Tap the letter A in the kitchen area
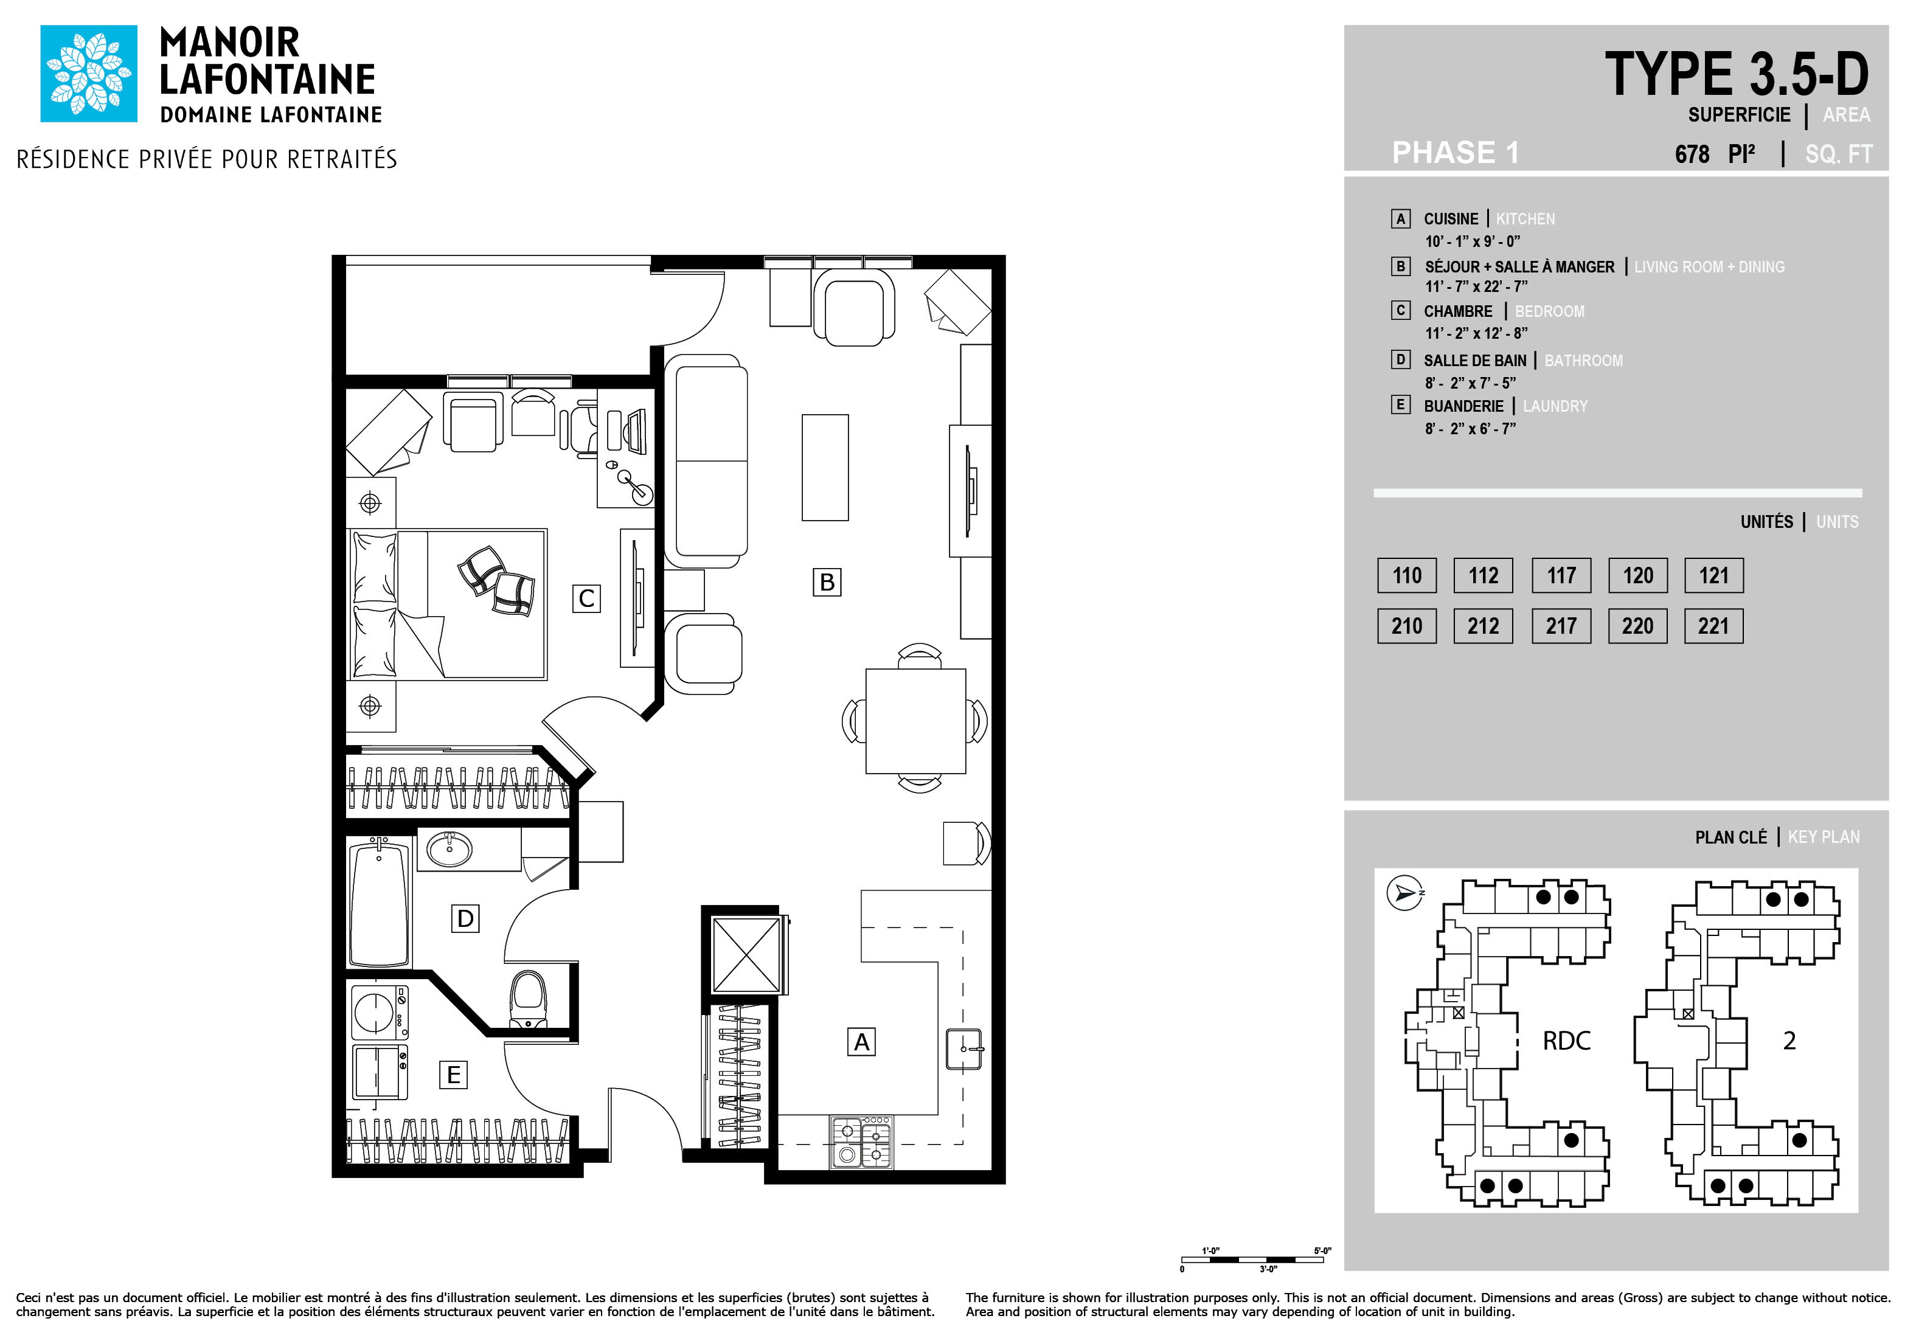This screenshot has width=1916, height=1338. [861, 1041]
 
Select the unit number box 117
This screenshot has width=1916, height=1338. [1561, 575]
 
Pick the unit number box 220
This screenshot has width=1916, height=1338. [1637, 626]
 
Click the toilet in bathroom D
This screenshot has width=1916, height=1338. [527, 999]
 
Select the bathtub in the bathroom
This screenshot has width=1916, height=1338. [380, 903]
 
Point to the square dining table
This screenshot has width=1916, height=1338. [915, 721]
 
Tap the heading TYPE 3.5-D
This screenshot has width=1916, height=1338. [1737, 74]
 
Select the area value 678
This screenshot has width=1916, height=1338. [1692, 154]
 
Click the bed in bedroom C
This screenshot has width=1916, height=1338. [448, 604]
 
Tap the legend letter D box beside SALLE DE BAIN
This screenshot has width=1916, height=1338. [1400, 359]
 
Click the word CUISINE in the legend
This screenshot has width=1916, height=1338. [1450, 218]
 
